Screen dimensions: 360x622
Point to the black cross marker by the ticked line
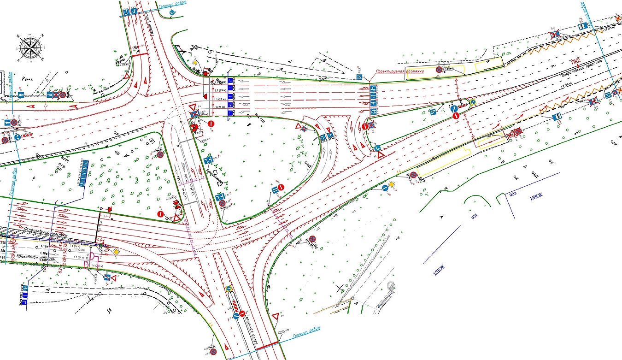(340, 289)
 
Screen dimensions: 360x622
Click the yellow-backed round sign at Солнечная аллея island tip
(229, 289)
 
